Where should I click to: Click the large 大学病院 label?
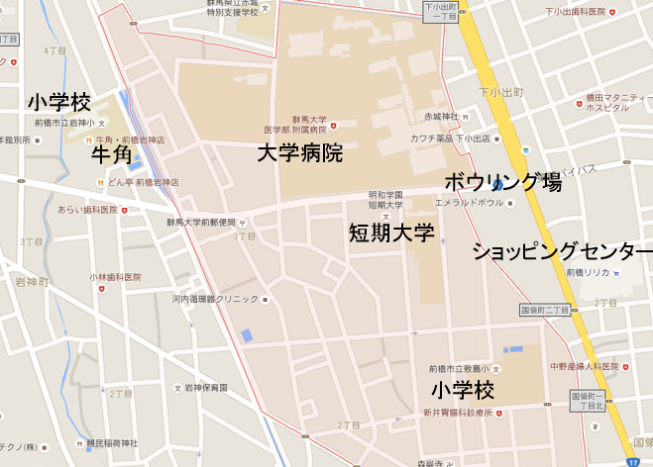point(299,153)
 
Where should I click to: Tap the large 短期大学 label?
point(391,233)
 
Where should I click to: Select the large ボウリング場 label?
point(502,182)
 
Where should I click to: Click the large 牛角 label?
point(111,155)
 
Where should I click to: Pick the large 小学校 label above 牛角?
point(59,102)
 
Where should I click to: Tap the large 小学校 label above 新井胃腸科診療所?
point(463,389)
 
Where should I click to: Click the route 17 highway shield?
point(633,460)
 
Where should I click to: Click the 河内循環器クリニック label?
point(216,298)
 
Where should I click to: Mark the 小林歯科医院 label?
point(116,277)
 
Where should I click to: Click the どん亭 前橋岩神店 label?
point(143,182)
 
